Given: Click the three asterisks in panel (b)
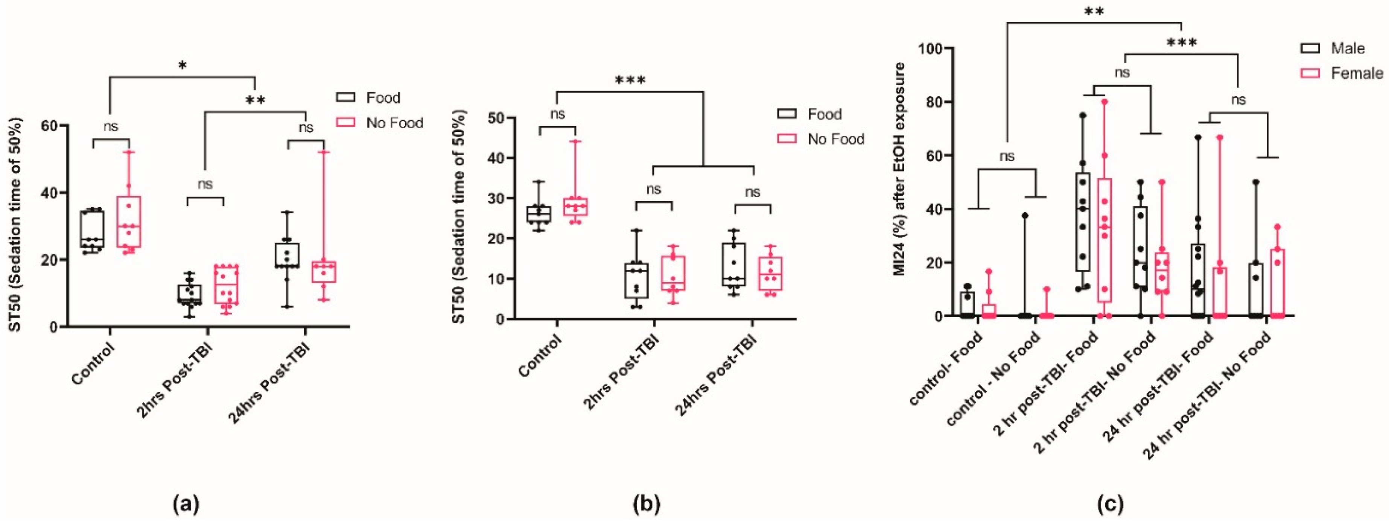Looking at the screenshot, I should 630,81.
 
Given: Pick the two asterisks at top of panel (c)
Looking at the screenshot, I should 1094,12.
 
